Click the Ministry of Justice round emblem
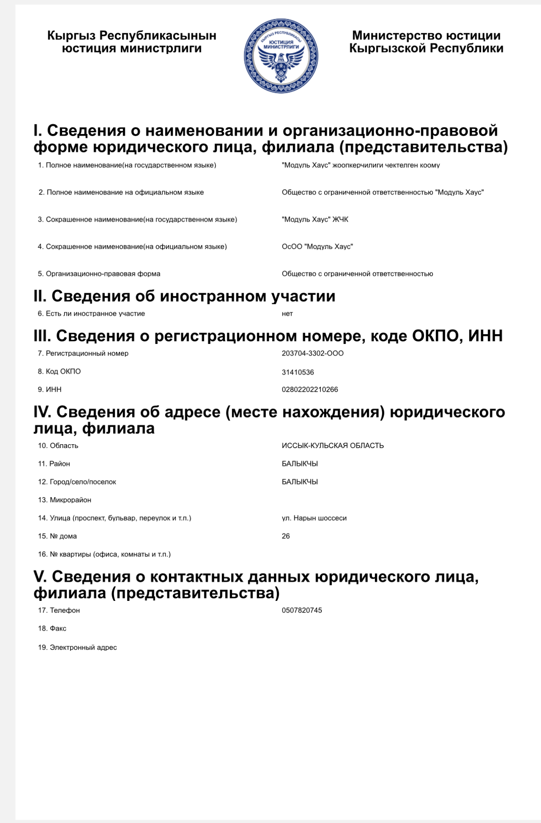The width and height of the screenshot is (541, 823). click(x=281, y=56)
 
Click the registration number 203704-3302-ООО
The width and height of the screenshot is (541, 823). click(x=312, y=354)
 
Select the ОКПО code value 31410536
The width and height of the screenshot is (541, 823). click(x=298, y=372)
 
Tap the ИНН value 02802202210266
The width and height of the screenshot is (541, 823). click(x=310, y=390)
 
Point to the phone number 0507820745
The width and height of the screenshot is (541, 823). click(x=302, y=610)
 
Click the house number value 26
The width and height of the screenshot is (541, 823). click(x=286, y=536)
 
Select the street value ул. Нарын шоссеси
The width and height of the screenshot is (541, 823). click(x=314, y=518)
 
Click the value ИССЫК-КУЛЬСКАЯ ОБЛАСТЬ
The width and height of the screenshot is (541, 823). click(x=333, y=446)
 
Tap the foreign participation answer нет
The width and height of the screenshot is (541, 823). click(x=287, y=314)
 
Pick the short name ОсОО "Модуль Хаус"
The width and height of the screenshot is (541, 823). click(x=317, y=246)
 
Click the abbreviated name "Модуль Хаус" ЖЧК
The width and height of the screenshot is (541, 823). click(x=315, y=220)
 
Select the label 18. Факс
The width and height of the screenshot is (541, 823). click(x=52, y=629)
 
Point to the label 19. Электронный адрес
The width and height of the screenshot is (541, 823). click(x=77, y=647)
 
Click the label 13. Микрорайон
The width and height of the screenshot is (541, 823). click(x=65, y=500)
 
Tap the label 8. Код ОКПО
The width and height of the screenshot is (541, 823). click(x=59, y=372)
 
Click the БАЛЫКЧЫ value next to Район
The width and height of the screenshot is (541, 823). click(x=299, y=464)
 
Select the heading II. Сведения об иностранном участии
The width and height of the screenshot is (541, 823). click(x=184, y=296)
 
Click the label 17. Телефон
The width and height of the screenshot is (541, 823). click(x=59, y=610)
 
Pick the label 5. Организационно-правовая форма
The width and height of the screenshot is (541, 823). click(x=99, y=274)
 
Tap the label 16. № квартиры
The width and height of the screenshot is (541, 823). click(x=104, y=554)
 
